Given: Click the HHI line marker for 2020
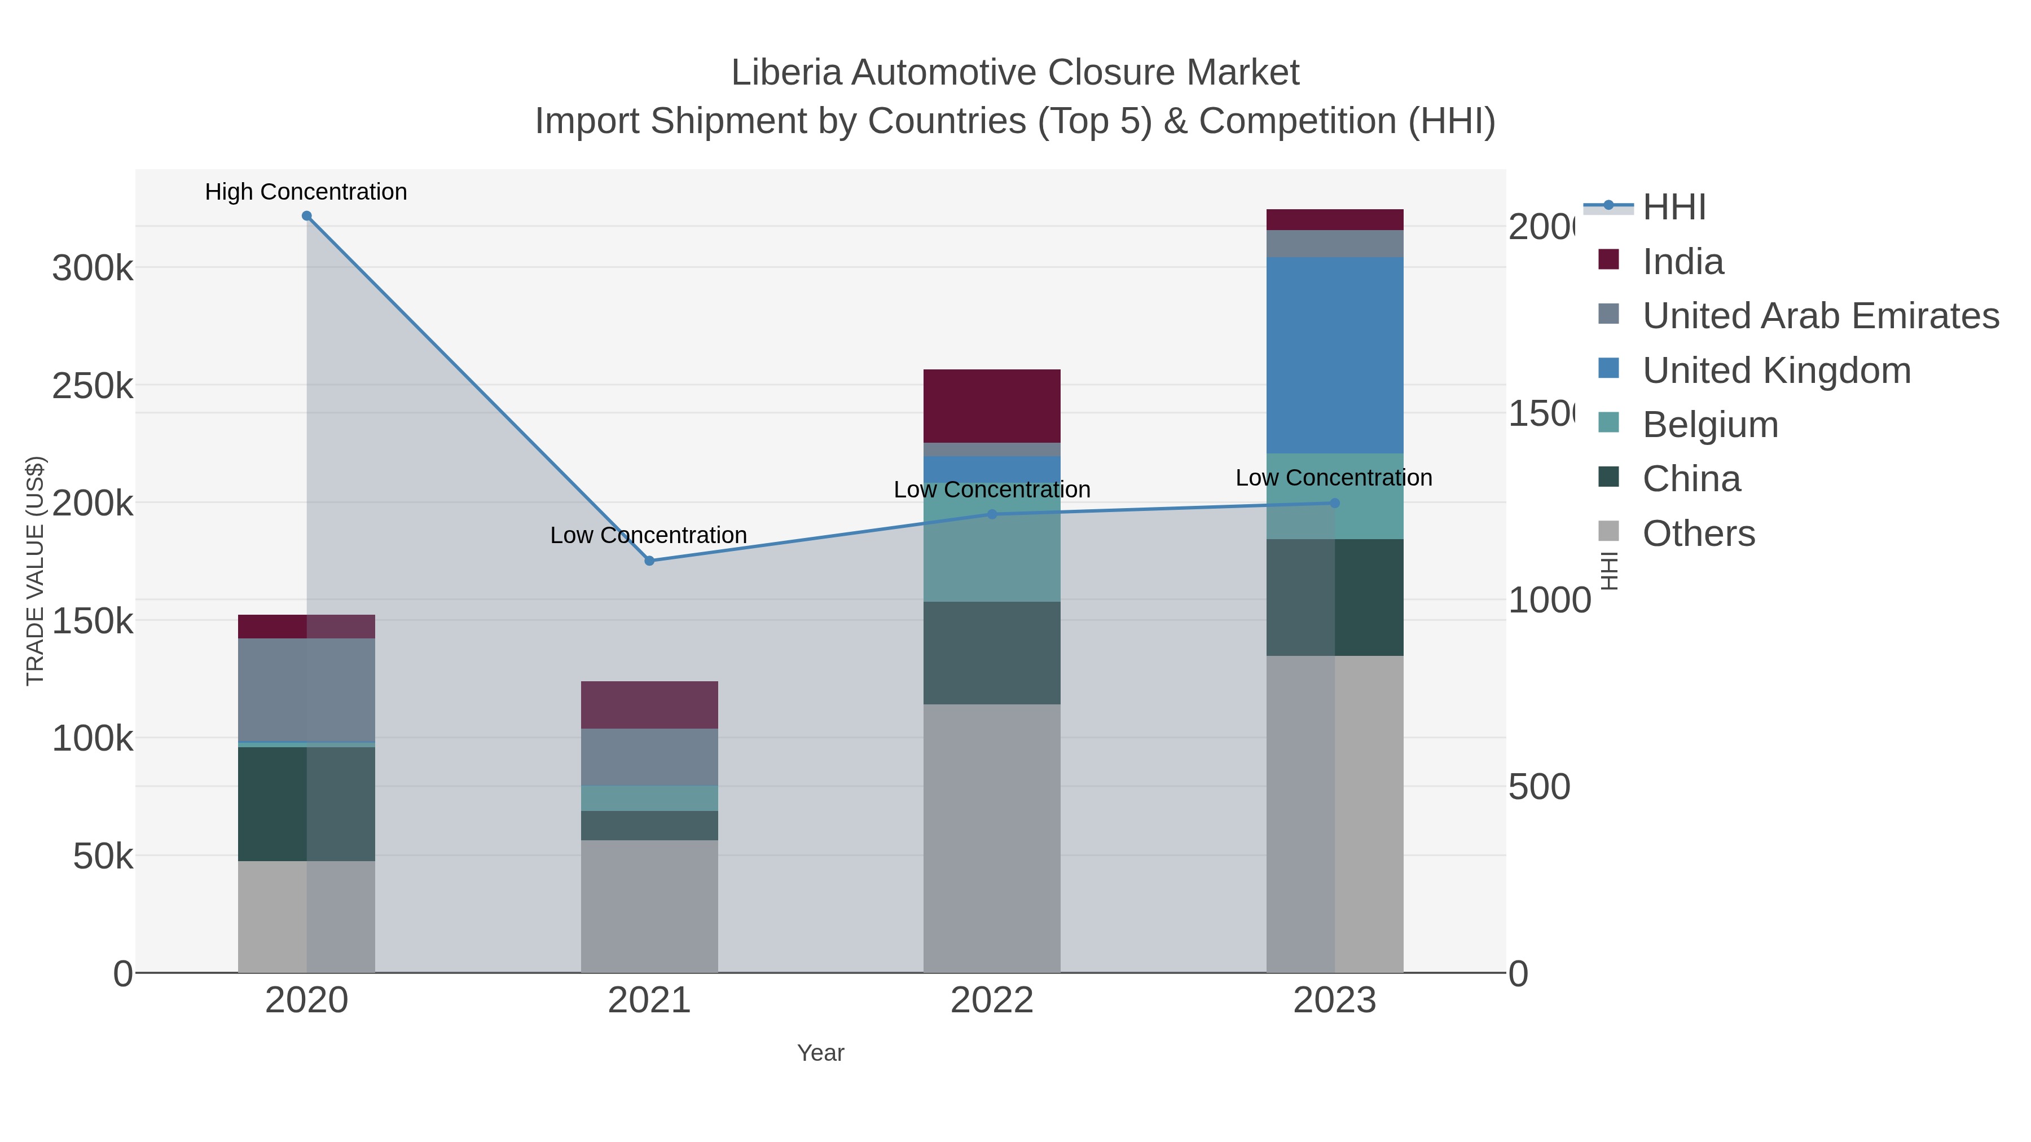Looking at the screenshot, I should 307,216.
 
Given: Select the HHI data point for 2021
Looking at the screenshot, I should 649,561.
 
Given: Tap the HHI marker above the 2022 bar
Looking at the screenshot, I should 992,515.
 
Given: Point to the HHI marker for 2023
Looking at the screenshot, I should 1334,503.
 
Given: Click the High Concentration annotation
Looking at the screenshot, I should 306,192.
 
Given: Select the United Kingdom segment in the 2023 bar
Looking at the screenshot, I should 1334,355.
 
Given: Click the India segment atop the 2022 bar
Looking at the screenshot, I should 992,406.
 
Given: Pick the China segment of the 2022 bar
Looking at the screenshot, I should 992,652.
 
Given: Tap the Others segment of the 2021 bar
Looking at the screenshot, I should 649,906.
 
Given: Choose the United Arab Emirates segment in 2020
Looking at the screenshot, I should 307,690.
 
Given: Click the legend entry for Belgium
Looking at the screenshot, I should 1710,425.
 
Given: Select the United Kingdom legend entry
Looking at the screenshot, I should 1777,371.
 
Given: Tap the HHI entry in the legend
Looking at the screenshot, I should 1674,208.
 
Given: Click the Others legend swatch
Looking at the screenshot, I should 1608,531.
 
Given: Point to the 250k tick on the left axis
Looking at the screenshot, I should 93,386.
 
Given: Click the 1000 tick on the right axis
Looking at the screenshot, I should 1549,601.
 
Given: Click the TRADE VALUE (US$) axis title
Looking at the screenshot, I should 36,571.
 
